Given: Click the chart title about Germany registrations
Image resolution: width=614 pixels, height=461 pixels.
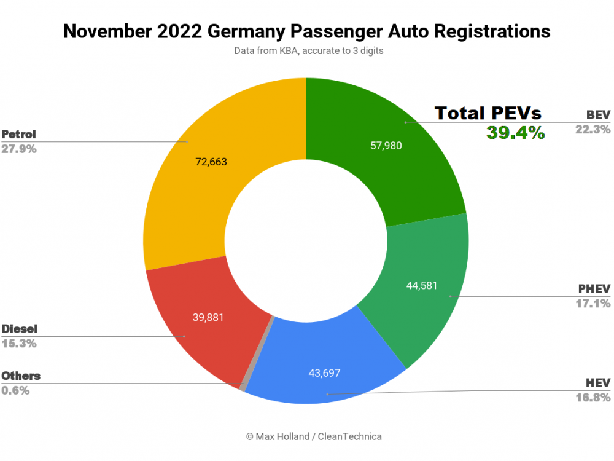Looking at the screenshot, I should (306, 31).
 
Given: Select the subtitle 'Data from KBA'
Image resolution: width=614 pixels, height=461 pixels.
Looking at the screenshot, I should (308, 51).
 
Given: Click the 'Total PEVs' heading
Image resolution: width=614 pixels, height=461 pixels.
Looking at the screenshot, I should (488, 113).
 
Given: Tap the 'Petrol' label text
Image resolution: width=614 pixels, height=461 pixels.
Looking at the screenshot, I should (19, 134).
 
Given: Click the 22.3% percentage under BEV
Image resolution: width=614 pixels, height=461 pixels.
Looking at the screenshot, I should (593, 129).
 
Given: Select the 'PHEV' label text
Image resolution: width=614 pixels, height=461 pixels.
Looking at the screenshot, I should (594, 289).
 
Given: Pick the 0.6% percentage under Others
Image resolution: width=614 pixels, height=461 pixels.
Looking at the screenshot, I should (15, 390).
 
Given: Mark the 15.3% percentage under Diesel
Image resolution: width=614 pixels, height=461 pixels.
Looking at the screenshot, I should (18, 343).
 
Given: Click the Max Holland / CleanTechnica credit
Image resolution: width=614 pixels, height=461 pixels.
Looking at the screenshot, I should (314, 436).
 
